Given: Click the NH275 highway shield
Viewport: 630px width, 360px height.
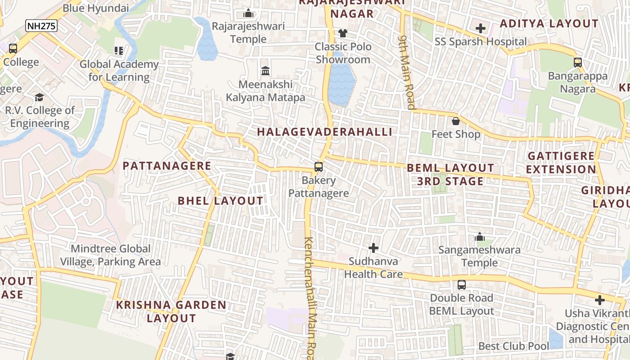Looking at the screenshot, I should pyautogui.click(x=41, y=26).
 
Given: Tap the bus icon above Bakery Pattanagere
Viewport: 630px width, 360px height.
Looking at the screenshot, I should pyautogui.click(x=318, y=167).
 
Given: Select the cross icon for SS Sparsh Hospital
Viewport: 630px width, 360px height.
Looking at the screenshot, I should pyautogui.click(x=481, y=28).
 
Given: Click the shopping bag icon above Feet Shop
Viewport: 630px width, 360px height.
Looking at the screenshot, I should pyautogui.click(x=456, y=121).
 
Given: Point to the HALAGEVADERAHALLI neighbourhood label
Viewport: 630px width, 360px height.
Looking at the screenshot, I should pyautogui.click(x=324, y=132).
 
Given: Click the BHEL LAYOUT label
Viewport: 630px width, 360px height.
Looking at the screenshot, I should pyautogui.click(x=220, y=201).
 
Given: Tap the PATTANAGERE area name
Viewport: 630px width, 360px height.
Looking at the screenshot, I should pyautogui.click(x=167, y=166).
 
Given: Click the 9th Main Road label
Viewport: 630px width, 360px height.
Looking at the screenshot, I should pyautogui.click(x=407, y=72).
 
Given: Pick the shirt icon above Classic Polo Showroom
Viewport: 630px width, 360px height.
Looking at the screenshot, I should pyautogui.click(x=343, y=33).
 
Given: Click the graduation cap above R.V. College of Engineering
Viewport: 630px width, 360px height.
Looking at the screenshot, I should pyautogui.click(x=40, y=97).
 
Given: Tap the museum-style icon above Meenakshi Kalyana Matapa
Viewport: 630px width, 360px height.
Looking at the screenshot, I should pyautogui.click(x=265, y=71).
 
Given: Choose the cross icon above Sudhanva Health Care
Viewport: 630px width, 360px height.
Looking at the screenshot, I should pyautogui.click(x=373, y=248).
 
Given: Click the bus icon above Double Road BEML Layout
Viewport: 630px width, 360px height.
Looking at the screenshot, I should pyautogui.click(x=462, y=284).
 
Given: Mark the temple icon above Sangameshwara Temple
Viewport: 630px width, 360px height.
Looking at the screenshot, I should pyautogui.click(x=480, y=237).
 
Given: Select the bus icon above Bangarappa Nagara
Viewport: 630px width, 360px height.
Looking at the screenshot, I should pyautogui.click(x=578, y=63).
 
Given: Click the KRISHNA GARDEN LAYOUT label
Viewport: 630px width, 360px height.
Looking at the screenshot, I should pyautogui.click(x=171, y=311).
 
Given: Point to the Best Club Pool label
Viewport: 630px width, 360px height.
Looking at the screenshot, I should pyautogui.click(x=513, y=346).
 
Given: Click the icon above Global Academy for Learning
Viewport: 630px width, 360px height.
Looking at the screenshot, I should pyautogui.click(x=119, y=51).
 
